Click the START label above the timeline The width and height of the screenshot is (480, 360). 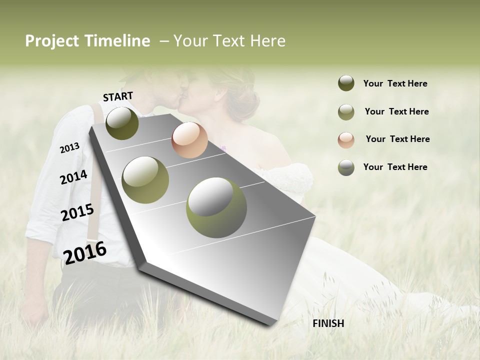coord(118,96)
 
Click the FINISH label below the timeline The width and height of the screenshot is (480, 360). coord(328,323)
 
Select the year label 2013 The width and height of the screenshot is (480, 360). coord(69,147)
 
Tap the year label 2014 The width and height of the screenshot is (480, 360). coord(73,177)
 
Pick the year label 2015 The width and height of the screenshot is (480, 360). coord(77,212)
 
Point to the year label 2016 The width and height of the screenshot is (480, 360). coord(85,252)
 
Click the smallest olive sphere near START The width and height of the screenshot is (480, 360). coord(122,123)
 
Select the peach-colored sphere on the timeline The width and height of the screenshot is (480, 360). coord(189,140)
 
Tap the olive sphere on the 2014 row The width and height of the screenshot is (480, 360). coord(145,179)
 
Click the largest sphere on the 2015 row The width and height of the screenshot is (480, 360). coord(216,207)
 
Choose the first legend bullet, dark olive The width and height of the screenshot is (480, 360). coord(346,83)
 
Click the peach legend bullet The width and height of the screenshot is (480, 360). coord(346,140)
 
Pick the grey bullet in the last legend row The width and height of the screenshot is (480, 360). coord(346,167)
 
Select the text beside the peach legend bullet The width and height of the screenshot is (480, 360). coord(397,139)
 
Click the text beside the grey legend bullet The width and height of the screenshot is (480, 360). coord(395,167)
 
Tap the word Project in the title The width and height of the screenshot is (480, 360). coord(51,41)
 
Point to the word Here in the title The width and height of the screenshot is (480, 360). coord(267,41)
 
